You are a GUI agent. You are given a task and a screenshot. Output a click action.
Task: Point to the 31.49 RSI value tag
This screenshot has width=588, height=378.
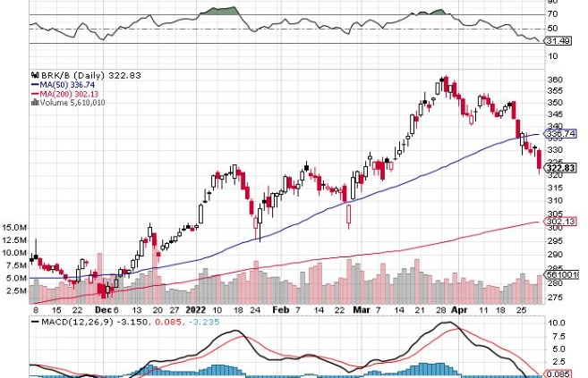558,39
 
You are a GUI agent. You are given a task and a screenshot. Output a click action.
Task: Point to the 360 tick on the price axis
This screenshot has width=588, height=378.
555,79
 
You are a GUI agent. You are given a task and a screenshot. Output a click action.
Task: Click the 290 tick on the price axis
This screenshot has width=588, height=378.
555,254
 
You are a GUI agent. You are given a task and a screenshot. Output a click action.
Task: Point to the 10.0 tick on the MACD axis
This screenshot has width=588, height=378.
556,322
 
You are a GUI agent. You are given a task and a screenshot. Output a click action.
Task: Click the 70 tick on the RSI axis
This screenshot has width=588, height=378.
552,14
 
